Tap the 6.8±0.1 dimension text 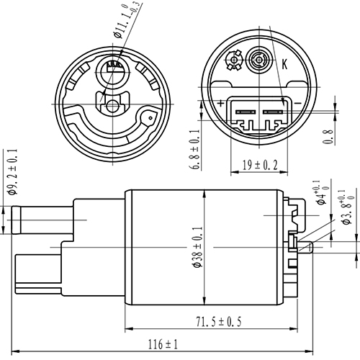click(x=195, y=150)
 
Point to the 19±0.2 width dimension click(x=256, y=165)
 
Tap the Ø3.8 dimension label click(x=347, y=209)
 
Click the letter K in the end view click(x=284, y=64)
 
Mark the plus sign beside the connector click(x=221, y=104)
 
